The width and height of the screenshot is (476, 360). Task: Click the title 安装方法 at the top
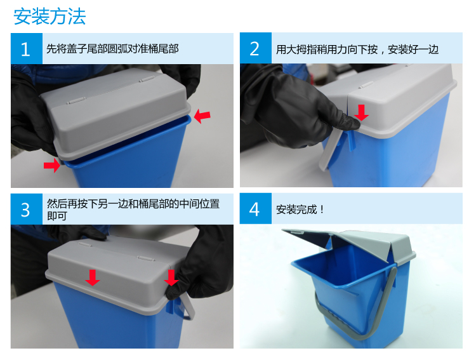pyautogui.click(x=50, y=17)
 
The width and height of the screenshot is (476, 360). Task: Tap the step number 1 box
pyautogui.click(x=27, y=49)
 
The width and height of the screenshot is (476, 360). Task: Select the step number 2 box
pyautogui.click(x=256, y=48)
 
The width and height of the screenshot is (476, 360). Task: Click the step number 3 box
pyautogui.click(x=27, y=210)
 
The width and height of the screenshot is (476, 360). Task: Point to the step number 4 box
pyautogui.click(x=256, y=209)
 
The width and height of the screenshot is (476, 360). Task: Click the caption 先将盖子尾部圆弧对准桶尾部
pyautogui.click(x=112, y=49)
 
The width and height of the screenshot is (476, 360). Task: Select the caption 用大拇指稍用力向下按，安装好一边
pyautogui.click(x=357, y=50)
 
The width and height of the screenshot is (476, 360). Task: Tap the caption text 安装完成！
pyautogui.click(x=300, y=210)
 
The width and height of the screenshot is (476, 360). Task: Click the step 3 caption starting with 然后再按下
pyautogui.click(x=133, y=210)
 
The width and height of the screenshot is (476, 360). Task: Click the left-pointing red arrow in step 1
pyautogui.click(x=202, y=116)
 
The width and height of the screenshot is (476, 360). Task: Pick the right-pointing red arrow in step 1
pyautogui.click(x=52, y=165)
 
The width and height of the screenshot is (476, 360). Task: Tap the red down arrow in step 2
pyautogui.click(x=361, y=112)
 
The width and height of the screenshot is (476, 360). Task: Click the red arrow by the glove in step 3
pyautogui.click(x=171, y=277)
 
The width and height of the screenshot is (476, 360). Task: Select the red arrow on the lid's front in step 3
pyautogui.click(x=92, y=277)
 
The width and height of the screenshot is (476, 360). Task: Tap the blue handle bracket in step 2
pyautogui.click(x=350, y=140)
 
